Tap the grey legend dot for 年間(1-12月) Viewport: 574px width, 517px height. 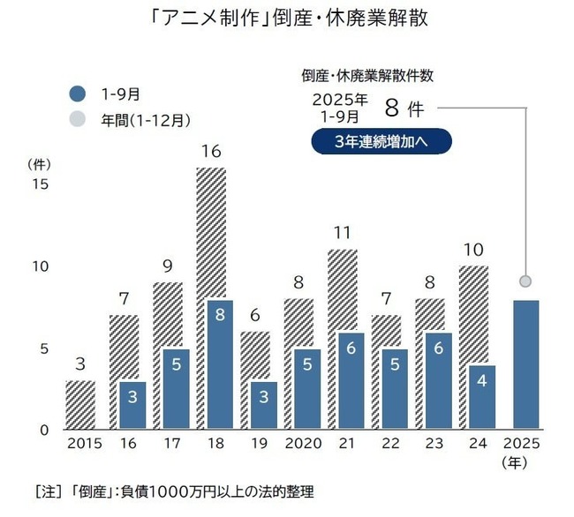click(79, 117)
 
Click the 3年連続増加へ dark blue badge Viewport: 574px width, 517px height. click(381, 141)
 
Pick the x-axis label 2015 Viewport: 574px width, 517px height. click(86, 442)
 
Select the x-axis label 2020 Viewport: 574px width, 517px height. click(305, 442)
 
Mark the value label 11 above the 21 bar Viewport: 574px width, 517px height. click(343, 234)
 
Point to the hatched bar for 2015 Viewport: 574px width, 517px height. click(81, 405)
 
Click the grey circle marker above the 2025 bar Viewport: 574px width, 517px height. click(525, 281)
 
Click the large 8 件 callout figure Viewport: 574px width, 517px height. click(406, 109)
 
